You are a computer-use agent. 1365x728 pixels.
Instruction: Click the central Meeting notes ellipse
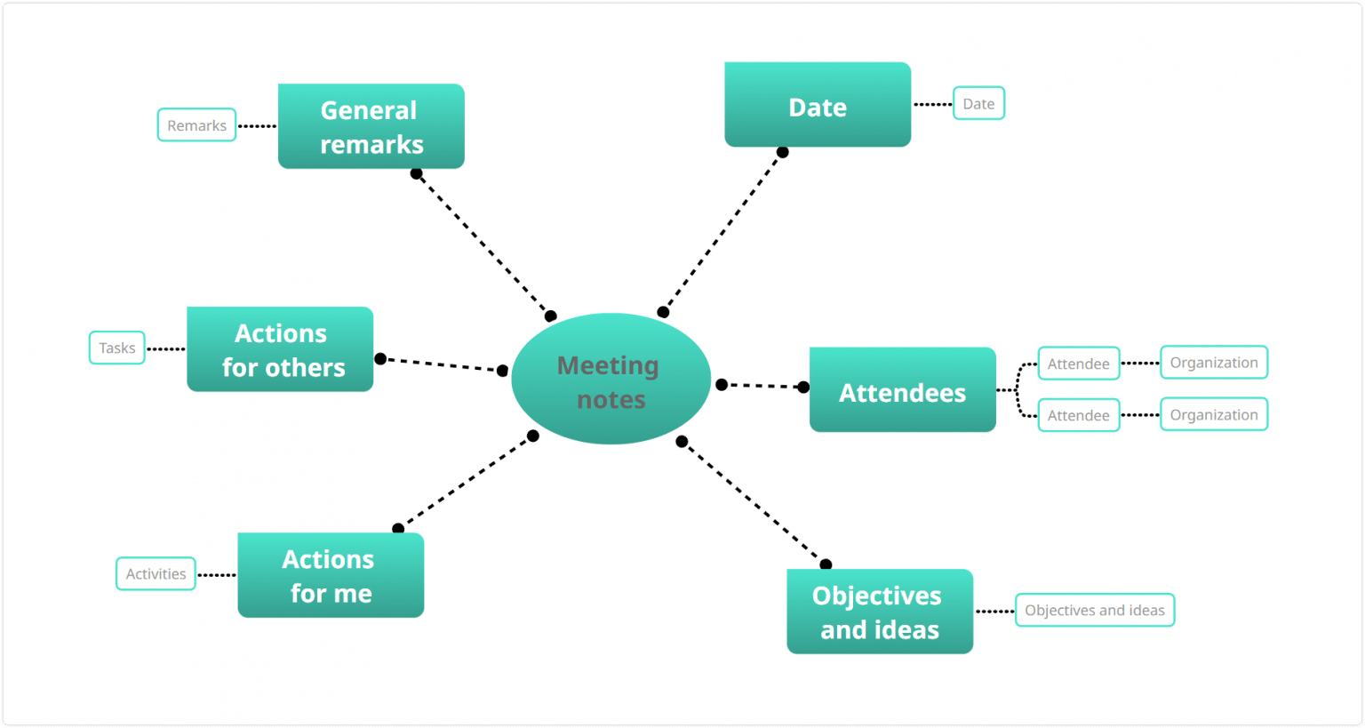tap(611, 380)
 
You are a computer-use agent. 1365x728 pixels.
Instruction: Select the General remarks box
tap(371, 126)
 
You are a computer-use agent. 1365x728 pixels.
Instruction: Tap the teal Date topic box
tap(818, 105)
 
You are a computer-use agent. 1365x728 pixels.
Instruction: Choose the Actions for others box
tap(280, 349)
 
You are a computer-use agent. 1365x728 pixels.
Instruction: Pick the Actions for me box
tap(331, 575)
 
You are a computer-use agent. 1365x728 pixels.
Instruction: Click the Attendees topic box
tap(902, 390)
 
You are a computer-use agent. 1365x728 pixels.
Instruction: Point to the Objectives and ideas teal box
tap(880, 612)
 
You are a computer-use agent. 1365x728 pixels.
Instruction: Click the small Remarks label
tap(196, 125)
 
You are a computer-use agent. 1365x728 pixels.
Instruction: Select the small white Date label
tap(978, 103)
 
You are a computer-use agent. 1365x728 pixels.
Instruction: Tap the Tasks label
tap(117, 348)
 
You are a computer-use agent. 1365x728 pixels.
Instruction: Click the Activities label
tap(156, 574)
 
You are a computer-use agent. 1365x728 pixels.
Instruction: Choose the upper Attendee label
tap(1078, 364)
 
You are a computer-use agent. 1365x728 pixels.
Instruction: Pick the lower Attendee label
tap(1078, 415)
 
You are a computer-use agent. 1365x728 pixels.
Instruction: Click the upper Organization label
tap(1214, 363)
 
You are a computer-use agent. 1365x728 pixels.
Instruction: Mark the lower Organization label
tap(1214, 414)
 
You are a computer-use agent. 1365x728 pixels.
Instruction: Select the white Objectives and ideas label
tap(1095, 611)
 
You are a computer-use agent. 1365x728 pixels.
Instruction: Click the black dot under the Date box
tap(782, 152)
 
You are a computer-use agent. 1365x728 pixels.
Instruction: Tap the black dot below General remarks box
tap(416, 173)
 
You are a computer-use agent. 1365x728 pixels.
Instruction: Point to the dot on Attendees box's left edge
tap(803, 387)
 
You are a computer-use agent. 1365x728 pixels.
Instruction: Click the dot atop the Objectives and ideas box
tap(826, 564)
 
